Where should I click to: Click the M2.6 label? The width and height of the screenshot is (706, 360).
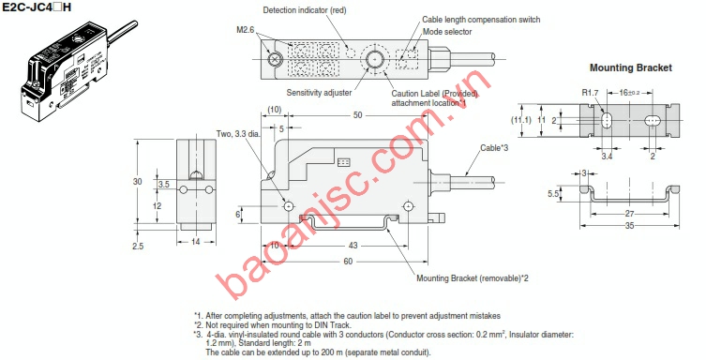tap(248, 29)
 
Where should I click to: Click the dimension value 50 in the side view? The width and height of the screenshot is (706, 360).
tap(356, 115)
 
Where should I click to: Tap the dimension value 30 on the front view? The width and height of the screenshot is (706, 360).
tap(138, 181)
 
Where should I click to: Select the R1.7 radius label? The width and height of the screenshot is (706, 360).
tap(590, 93)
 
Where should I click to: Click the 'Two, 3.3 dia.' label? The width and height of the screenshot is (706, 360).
tap(237, 133)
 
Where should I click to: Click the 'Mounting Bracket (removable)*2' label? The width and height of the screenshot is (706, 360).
tap(472, 277)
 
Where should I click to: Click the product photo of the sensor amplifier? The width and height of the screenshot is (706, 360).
tap(64, 66)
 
